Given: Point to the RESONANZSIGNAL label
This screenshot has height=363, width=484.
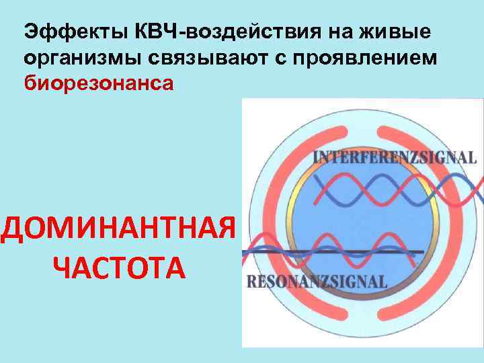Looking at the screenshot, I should click(x=317, y=282).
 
